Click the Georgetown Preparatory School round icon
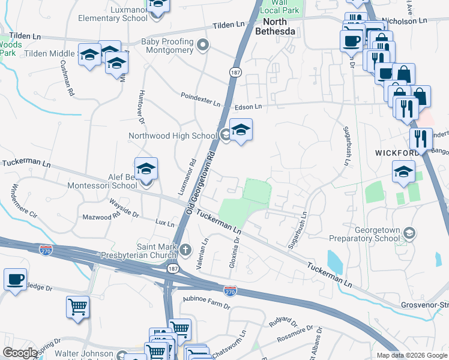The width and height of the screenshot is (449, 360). pyautogui.click(x=409, y=233)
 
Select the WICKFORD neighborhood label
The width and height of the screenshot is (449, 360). pyautogui.click(x=397, y=153)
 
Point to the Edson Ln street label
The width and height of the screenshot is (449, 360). pyautogui.click(x=249, y=107)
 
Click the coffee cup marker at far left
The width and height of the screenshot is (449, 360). pyautogui.click(x=15, y=279)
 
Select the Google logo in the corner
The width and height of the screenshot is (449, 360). pyautogui.click(x=20, y=353)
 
